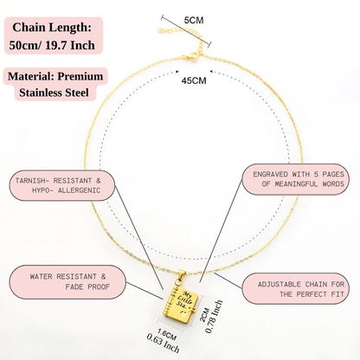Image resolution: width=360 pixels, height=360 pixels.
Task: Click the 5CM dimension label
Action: (x=194, y=20)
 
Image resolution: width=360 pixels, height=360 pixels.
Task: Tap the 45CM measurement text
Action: (x=194, y=80)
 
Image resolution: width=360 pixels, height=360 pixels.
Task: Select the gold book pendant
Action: (x=182, y=304)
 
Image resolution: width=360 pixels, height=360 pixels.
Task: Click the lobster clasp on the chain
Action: (x=191, y=56)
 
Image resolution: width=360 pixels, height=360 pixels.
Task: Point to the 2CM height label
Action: (x=204, y=315)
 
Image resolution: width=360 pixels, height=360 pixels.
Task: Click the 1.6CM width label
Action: (x=167, y=334)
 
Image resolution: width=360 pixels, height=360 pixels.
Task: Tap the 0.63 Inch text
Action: (x=163, y=344)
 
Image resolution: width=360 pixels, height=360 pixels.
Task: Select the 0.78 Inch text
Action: (x=214, y=317)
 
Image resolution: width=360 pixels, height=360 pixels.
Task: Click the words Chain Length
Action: (x=52, y=28)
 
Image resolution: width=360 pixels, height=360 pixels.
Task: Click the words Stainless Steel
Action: (x=54, y=93)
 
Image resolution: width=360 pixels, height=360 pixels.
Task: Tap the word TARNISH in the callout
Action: (x=30, y=181)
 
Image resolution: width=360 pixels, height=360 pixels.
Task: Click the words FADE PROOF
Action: (x=87, y=286)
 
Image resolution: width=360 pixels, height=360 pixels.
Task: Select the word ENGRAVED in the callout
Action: (x=270, y=174)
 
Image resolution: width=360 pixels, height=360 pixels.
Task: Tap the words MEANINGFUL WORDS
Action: (x=309, y=184)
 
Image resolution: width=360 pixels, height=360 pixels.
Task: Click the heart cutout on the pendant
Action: (x=183, y=314)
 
